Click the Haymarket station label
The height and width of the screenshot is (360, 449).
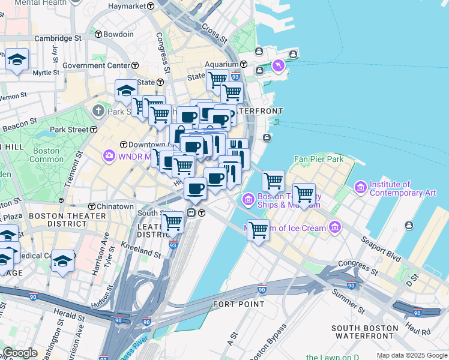coord(127,6)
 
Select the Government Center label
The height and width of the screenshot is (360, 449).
coord(96,65)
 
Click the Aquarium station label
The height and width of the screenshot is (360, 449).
coord(221,64)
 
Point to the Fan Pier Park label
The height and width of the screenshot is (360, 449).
coord(319,160)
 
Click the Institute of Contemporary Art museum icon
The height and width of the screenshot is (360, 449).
coord(361,188)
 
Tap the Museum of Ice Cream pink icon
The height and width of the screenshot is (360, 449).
coord(335,228)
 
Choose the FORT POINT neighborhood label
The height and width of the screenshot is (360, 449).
coord(238,304)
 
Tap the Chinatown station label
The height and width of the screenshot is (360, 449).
coord(112,206)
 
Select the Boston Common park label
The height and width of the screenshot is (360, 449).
coord(46,155)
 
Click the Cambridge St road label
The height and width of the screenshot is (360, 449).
coord(58,38)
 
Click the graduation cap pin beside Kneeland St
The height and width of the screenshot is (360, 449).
coord(63,261)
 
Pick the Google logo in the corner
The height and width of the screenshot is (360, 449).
coord(20,353)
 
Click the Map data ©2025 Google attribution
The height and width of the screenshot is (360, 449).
coord(412,355)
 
